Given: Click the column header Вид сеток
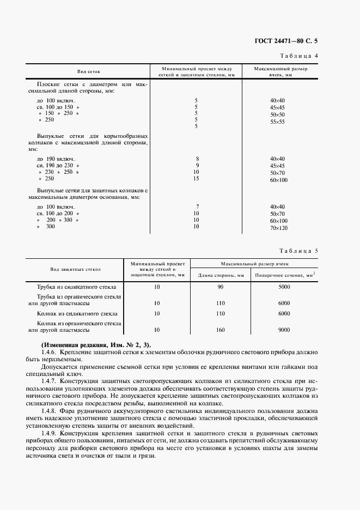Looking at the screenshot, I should [x=89, y=72].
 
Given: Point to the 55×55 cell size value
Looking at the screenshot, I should [x=277, y=122].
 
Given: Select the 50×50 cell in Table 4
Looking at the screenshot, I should [x=277, y=115].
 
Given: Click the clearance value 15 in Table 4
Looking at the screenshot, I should [x=196, y=178].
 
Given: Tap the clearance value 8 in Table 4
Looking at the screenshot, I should [x=196, y=159].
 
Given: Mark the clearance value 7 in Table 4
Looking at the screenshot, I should [x=196, y=207].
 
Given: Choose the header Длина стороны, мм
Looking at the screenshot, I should [x=221, y=275].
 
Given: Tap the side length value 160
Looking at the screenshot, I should [x=221, y=330].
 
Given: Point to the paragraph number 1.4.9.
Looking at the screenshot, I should [x=50, y=432].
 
